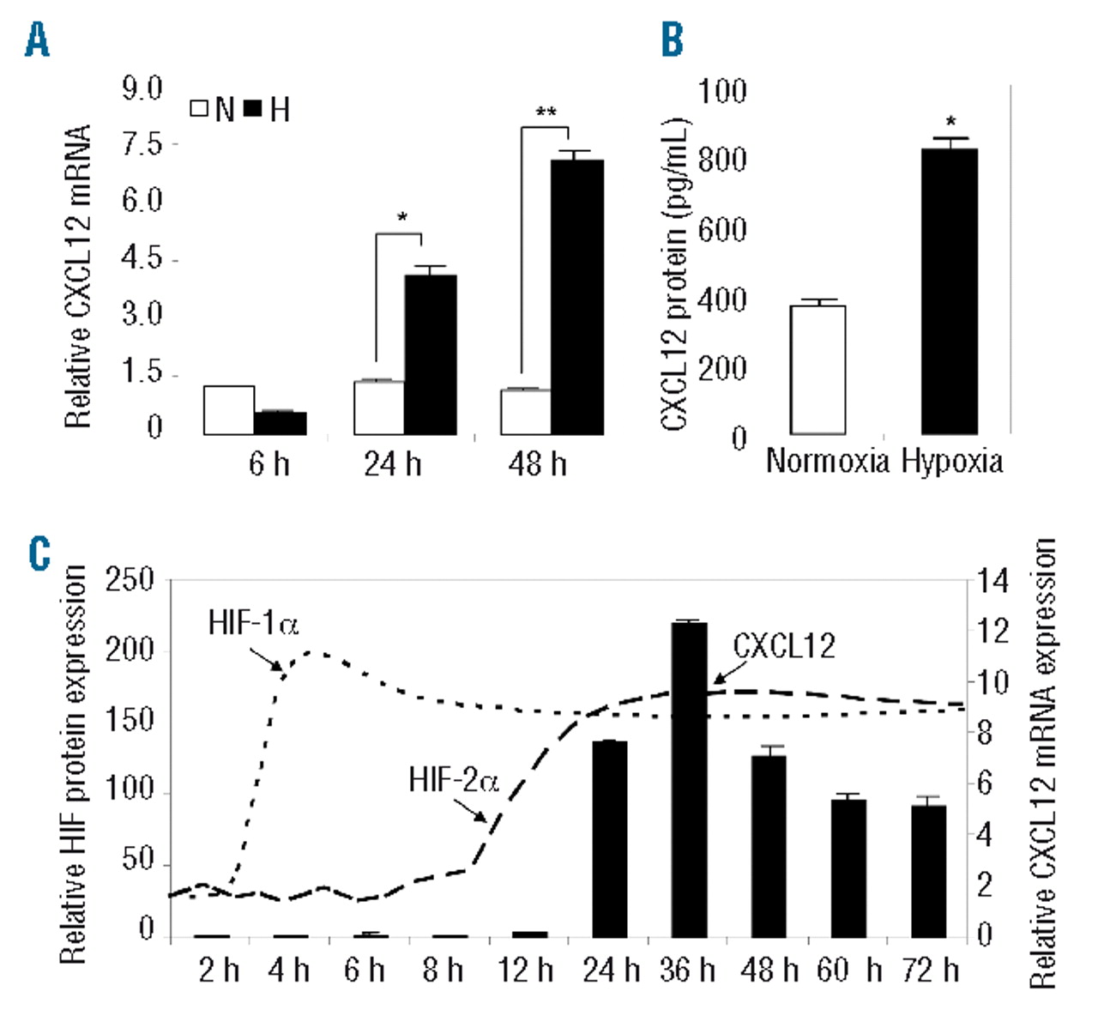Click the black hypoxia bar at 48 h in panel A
click(577, 297)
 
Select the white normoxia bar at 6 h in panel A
click(229, 410)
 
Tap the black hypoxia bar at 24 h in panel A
click(430, 354)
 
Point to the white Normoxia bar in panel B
click(817, 370)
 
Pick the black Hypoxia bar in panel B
click(950, 292)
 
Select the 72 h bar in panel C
click(928, 870)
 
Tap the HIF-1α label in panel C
click(253, 622)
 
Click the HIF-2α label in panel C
click(453, 781)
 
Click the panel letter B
click(673, 39)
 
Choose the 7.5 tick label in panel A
click(142, 144)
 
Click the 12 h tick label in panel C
click(526, 971)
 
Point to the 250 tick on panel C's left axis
click(130, 581)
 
